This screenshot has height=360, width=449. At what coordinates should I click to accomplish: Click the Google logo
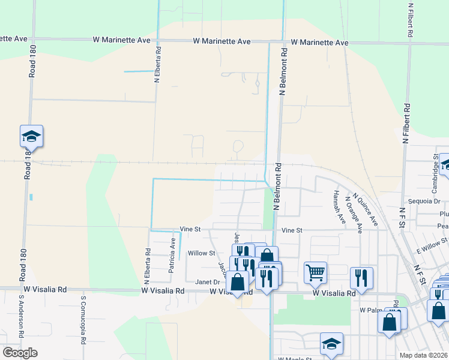[x=20, y=353]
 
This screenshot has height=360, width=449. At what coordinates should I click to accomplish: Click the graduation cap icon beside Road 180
[x=31, y=136]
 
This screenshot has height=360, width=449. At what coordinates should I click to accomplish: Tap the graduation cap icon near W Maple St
[x=331, y=344]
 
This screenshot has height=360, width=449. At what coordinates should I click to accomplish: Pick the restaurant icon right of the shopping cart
[x=361, y=277]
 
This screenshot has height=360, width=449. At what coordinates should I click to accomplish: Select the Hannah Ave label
[x=338, y=206]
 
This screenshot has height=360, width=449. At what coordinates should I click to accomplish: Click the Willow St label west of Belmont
[x=201, y=253]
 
